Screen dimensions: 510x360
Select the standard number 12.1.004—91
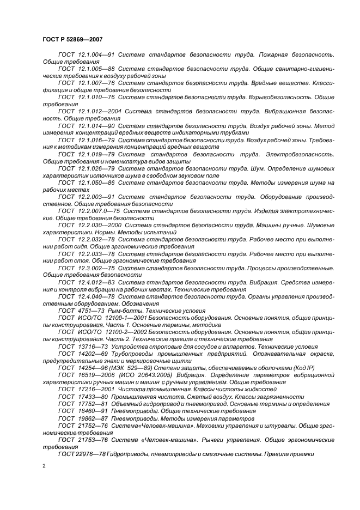click(x=95, y=56)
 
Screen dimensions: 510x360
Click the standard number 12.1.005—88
click(x=95, y=70)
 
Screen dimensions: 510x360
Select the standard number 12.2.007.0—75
click(x=99, y=210)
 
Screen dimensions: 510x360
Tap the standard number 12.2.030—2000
click(x=99, y=224)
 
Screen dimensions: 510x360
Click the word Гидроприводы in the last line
click(x=130, y=453)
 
